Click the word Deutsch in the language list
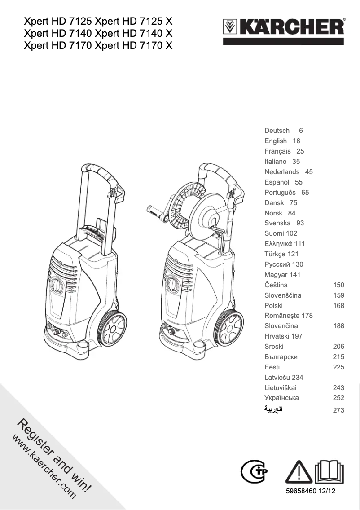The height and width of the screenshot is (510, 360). click(277, 131)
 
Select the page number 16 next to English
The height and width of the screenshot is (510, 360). click(296, 141)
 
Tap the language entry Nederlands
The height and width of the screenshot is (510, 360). click(282, 172)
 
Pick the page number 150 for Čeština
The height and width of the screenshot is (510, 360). click(338, 285)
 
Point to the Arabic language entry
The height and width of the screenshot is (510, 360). click(273, 410)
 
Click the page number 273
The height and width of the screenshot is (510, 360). click(338, 410)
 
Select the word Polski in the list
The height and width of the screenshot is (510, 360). click(273, 306)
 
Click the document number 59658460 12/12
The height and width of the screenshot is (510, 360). click(311, 492)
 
